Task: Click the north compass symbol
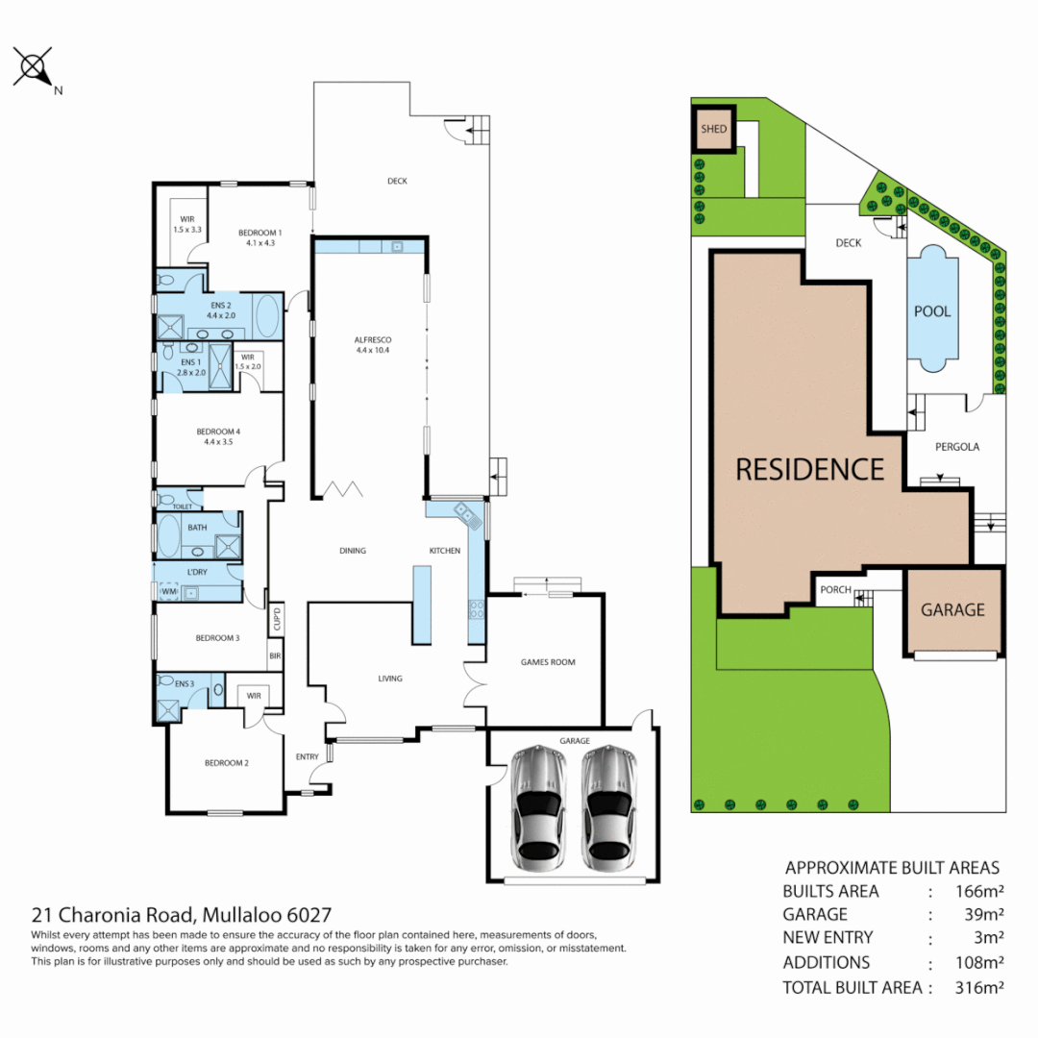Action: pos(34,69)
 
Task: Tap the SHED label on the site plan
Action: pos(713,129)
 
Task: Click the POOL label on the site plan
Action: pos(932,311)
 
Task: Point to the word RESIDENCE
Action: pos(809,469)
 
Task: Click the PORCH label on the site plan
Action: pos(835,589)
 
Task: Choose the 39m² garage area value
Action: pos(984,915)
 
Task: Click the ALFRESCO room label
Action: pos(369,340)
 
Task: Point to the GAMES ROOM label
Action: pos(547,662)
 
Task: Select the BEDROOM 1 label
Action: pos(259,233)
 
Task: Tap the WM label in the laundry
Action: pos(169,592)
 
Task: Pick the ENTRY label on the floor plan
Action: pos(307,757)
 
